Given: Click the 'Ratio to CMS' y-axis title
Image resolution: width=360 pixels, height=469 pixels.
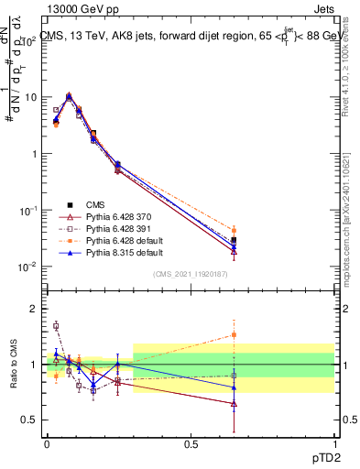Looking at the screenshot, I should (14, 365).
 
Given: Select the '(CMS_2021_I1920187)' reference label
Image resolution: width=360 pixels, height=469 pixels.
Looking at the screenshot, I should (190, 274).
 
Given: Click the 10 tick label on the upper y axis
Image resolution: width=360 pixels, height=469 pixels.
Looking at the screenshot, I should (27, 97).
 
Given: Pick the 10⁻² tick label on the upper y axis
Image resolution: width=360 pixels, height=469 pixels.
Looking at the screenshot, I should (26, 267).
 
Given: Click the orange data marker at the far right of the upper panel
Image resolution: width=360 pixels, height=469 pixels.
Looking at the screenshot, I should (235, 231).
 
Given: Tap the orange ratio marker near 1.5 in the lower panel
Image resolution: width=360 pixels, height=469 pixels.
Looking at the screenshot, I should (235, 334).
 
